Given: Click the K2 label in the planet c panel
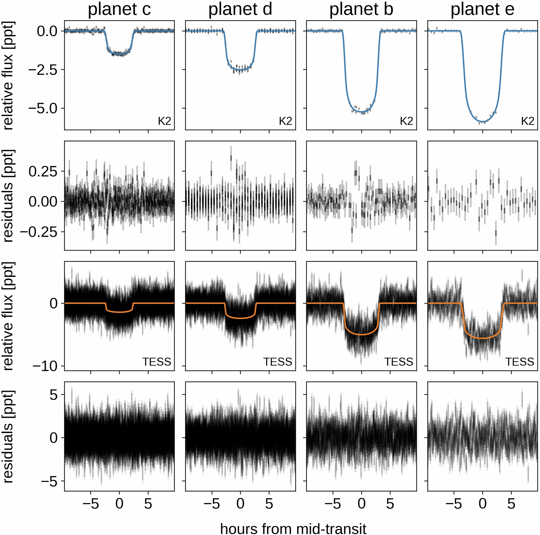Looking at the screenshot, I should (164, 121).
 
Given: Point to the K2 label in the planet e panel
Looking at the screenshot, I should (528, 121).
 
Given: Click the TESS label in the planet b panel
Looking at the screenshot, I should (399, 362).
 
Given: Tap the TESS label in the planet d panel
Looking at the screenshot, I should (277, 362).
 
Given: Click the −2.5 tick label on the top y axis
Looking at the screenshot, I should (43, 70).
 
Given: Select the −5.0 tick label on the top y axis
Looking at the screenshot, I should (43, 108).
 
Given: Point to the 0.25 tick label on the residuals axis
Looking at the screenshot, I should (43, 171).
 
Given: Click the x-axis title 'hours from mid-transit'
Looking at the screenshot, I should (293, 521).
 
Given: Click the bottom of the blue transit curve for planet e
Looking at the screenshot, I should (482, 122).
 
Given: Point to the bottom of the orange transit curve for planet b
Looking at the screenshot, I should (361, 334).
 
